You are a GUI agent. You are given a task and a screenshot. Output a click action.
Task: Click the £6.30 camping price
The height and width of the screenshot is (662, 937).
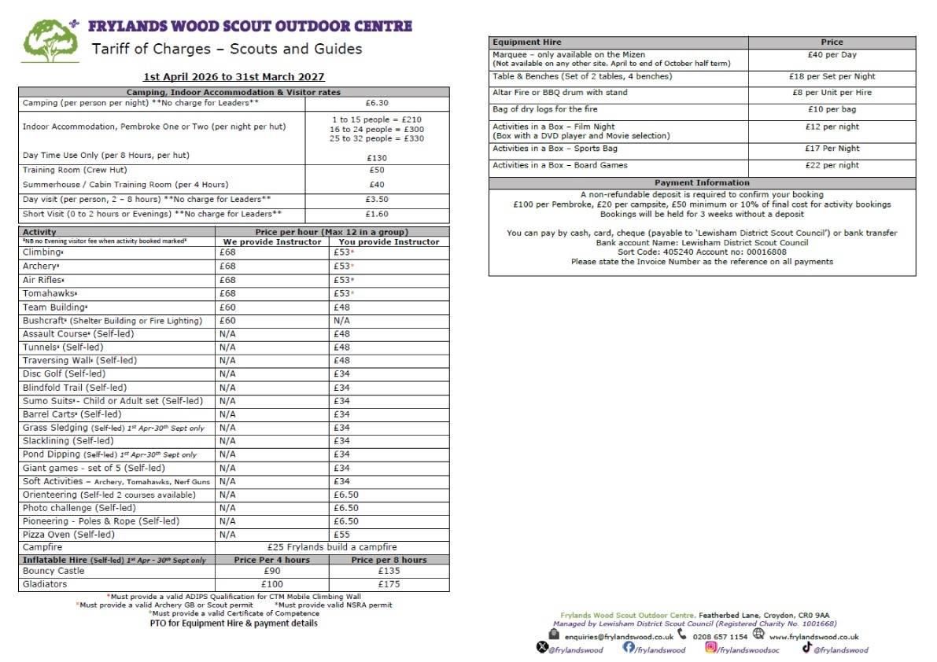(x=377, y=103)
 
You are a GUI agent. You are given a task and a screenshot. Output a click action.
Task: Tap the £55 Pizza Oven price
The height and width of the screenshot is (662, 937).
(x=341, y=535)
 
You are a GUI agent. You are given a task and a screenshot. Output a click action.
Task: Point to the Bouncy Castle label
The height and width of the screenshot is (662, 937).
(x=53, y=571)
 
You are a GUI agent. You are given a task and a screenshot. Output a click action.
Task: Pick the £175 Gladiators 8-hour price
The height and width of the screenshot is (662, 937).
(x=390, y=584)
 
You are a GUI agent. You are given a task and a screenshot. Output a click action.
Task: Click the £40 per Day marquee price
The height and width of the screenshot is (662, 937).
(x=832, y=55)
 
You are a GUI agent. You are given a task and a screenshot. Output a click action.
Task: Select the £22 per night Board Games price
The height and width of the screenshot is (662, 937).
(x=832, y=165)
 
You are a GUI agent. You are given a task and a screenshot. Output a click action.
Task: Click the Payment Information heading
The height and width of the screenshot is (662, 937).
(x=702, y=183)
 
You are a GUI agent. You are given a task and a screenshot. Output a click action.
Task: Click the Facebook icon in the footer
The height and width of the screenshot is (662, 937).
(x=629, y=648)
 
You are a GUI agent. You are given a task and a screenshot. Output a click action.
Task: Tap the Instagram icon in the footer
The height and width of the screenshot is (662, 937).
(x=711, y=648)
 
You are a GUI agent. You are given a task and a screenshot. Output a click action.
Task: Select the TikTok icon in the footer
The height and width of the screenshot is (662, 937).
(x=806, y=648)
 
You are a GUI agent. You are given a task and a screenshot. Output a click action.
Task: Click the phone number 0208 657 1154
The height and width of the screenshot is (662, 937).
(x=720, y=637)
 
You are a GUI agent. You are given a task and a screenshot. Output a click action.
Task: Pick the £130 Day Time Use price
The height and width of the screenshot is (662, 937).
(x=377, y=157)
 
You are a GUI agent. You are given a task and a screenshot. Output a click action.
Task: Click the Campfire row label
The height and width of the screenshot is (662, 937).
(x=42, y=547)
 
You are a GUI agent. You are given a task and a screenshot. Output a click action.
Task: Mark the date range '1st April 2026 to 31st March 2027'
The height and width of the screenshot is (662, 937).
(x=234, y=77)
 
